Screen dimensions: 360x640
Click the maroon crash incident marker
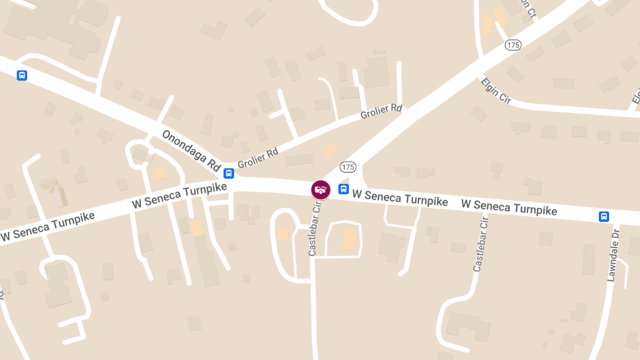pyautogui.click(x=321, y=189)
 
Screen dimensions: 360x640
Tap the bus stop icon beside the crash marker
pyautogui.click(x=343, y=189)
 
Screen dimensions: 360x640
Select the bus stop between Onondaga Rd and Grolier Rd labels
pyautogui.click(x=228, y=173)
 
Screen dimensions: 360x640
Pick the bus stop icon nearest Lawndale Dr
pyautogui.click(x=604, y=216)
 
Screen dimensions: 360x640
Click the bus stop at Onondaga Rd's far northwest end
pyautogui.click(x=22, y=75)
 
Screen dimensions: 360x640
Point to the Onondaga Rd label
pyautogui.click(x=192, y=151)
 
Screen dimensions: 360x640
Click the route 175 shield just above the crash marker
pyautogui.click(x=347, y=167)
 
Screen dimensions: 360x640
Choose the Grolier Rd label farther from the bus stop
pyautogui.click(x=381, y=111)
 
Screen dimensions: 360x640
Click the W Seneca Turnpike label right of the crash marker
pyautogui.click(x=400, y=198)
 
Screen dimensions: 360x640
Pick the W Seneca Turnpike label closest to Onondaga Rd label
pyautogui.click(x=179, y=195)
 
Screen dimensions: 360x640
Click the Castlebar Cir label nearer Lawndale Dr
pyautogui.click(x=481, y=244)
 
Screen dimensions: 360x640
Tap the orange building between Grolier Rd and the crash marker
pyautogui.click(x=330, y=150)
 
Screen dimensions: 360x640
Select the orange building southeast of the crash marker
pyautogui.click(x=349, y=239)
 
